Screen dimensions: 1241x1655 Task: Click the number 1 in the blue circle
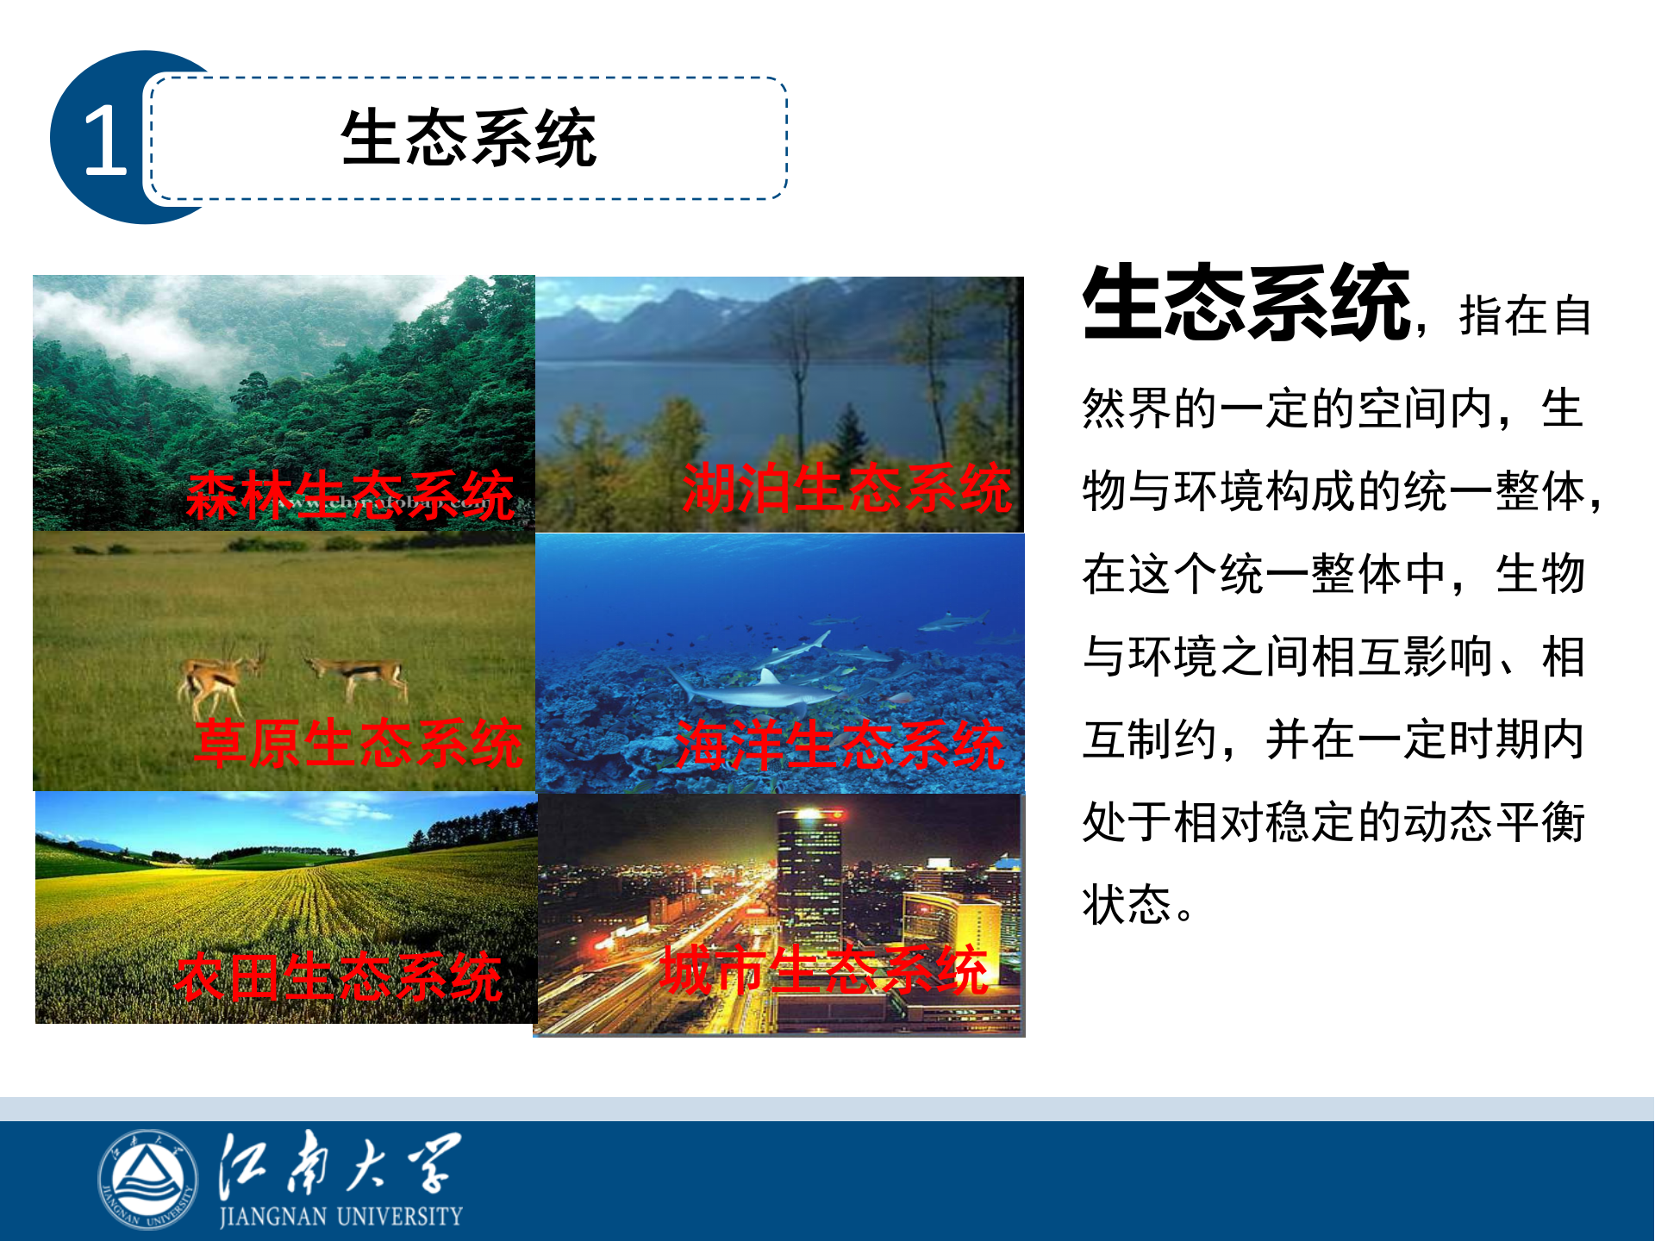pyautogui.click(x=105, y=140)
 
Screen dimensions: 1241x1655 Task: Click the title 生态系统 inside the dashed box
pyautogui.click(x=468, y=138)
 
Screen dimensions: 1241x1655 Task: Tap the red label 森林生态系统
pyautogui.click(x=350, y=496)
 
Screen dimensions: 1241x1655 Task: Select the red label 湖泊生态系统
pyautogui.click(x=846, y=488)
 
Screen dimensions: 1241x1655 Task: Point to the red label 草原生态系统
pyautogui.click(x=359, y=743)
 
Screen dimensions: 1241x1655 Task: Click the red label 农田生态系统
pyautogui.click(x=338, y=977)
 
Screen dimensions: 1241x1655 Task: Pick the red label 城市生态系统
pyautogui.click(x=824, y=970)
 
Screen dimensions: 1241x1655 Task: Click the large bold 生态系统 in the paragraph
pyautogui.click(x=1246, y=303)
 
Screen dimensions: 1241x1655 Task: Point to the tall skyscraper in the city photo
pyautogui.click(x=809, y=870)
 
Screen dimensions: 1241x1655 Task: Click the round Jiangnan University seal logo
pyautogui.click(x=148, y=1179)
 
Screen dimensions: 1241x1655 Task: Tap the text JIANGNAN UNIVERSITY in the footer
pyautogui.click(x=341, y=1216)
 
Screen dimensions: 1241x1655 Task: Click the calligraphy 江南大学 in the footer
pyautogui.click(x=340, y=1163)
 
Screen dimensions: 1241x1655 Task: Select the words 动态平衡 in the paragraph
pyautogui.click(x=1495, y=822)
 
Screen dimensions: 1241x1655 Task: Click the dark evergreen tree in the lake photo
pyautogui.click(x=851, y=440)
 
